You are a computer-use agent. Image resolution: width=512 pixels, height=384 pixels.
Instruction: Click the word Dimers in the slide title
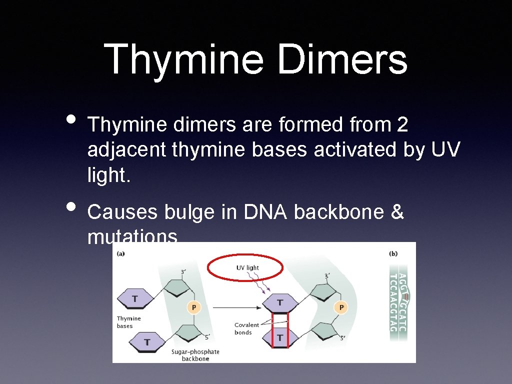[342, 59]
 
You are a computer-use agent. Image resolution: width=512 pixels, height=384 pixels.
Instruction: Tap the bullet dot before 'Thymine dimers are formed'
[71, 120]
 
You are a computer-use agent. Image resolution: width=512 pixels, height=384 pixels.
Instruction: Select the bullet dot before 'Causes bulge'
[71, 206]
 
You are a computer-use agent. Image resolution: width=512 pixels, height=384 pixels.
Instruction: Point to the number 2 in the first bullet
[402, 125]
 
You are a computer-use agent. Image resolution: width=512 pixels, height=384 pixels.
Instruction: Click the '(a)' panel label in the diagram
[121, 254]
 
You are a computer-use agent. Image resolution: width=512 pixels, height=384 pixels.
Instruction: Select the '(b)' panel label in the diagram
[393, 254]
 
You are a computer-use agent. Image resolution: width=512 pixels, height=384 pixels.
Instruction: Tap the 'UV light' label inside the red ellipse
[247, 268]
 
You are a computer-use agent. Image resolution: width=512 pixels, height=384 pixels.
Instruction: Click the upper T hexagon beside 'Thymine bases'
[135, 299]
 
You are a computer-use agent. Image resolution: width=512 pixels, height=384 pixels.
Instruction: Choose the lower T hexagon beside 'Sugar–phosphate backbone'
[147, 342]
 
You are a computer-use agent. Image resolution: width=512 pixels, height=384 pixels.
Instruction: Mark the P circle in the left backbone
[194, 307]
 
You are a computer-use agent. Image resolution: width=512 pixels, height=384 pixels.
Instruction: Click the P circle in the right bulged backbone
[341, 307]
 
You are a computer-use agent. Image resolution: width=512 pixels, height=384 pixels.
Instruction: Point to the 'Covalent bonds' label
[246, 328]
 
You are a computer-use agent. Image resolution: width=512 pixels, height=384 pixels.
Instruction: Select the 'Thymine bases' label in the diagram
[128, 322]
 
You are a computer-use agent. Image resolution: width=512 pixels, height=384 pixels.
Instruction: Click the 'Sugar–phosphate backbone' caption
[195, 355]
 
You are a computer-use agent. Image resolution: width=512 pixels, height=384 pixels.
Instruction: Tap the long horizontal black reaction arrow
[236, 307]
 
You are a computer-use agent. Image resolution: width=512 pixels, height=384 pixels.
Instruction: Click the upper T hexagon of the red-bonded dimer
[280, 302]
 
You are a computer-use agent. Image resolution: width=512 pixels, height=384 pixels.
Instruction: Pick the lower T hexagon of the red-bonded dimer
[280, 337]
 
